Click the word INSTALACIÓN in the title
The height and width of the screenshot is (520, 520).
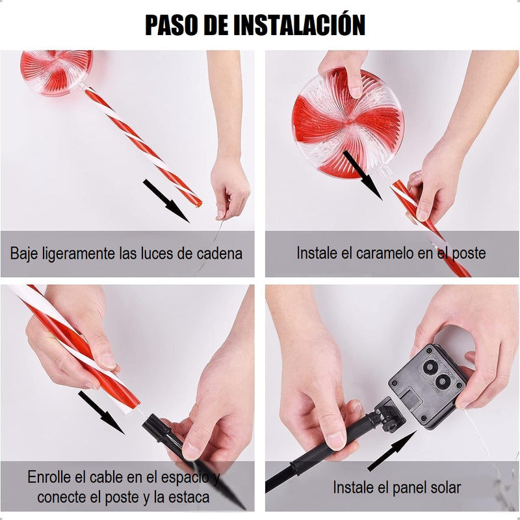300,24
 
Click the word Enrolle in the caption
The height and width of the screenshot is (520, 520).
49,477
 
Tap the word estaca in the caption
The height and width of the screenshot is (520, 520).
189,497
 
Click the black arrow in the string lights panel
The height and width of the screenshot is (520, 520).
166,201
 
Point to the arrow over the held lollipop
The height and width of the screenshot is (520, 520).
363,175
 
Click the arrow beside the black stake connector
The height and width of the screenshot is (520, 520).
101,413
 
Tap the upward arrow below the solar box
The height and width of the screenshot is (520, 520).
392,451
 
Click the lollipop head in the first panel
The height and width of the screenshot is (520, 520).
57,72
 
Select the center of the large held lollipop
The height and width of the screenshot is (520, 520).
349,122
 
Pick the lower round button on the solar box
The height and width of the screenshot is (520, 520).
442,382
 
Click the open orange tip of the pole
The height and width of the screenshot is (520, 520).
199,203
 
